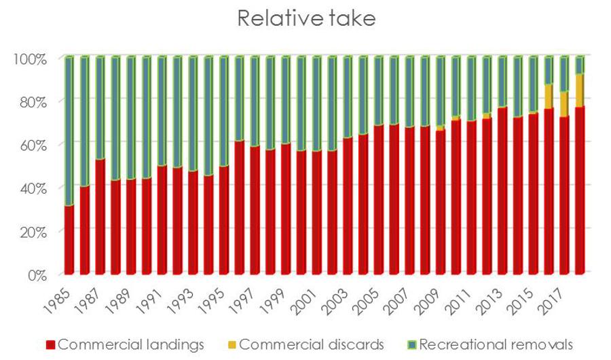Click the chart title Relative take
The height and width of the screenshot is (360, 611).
pos(305,20)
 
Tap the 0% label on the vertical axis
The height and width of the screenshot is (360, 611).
pos(35,275)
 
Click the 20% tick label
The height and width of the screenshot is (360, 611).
pos(31,232)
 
